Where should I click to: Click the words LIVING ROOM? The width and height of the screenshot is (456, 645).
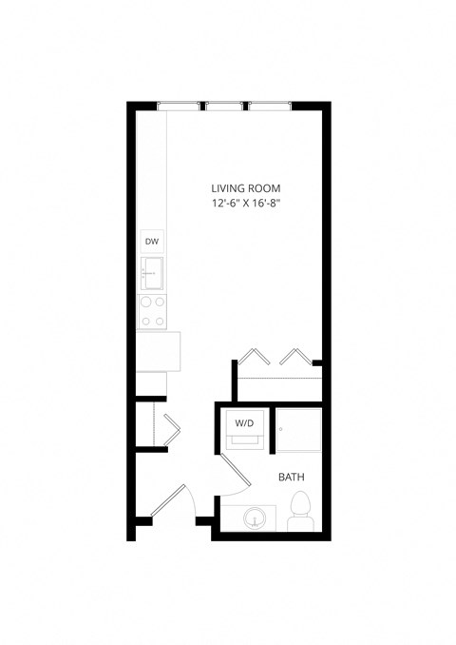point(246,188)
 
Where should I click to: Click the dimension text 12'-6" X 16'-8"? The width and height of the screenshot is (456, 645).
point(246,205)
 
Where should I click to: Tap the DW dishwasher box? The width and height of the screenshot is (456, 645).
point(152,242)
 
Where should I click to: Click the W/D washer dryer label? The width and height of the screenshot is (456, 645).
point(244,422)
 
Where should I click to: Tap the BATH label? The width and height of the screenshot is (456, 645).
point(291,476)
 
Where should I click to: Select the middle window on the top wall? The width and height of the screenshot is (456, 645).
point(224,106)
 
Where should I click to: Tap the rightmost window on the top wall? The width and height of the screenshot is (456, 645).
point(270,106)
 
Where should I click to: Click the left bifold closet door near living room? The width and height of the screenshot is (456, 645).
point(252,357)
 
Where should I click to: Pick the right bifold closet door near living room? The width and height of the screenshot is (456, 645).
point(294,357)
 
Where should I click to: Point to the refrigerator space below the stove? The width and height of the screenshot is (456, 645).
point(158,351)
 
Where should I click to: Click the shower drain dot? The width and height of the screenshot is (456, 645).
point(281,429)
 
